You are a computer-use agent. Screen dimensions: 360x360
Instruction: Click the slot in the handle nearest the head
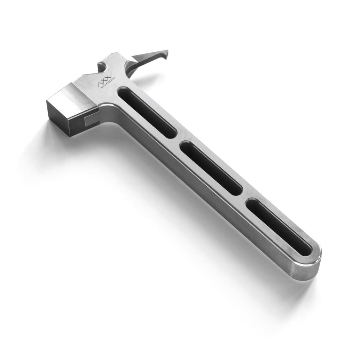click(x=147, y=112)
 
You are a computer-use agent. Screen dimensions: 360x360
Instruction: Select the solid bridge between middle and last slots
click(x=245, y=197)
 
